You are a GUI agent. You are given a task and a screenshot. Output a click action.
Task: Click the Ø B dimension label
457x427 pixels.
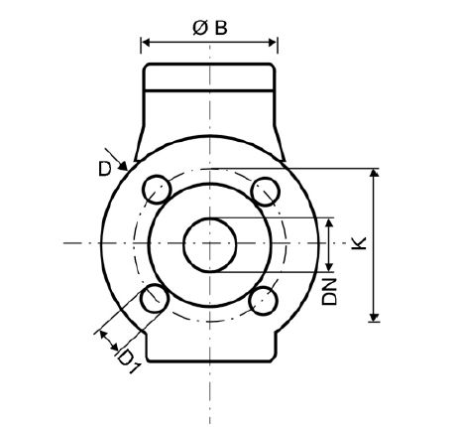(208, 27)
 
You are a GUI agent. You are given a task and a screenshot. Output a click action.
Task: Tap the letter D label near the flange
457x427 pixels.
(104, 169)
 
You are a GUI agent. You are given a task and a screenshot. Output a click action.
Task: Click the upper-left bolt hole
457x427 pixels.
(154, 189)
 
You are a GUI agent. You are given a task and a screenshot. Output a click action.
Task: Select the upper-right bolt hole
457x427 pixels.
(263, 189)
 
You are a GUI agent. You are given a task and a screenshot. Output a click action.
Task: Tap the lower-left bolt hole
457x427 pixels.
(154, 297)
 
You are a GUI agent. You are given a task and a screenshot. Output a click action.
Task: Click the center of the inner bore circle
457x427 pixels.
(208, 243)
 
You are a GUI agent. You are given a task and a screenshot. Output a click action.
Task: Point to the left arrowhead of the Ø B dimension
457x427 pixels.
(146, 43)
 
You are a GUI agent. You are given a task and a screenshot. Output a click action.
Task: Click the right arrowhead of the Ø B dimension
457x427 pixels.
(273, 43)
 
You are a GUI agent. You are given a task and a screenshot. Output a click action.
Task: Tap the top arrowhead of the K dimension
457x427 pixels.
(374, 175)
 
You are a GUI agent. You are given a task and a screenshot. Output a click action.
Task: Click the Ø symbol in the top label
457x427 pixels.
(197, 27)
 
